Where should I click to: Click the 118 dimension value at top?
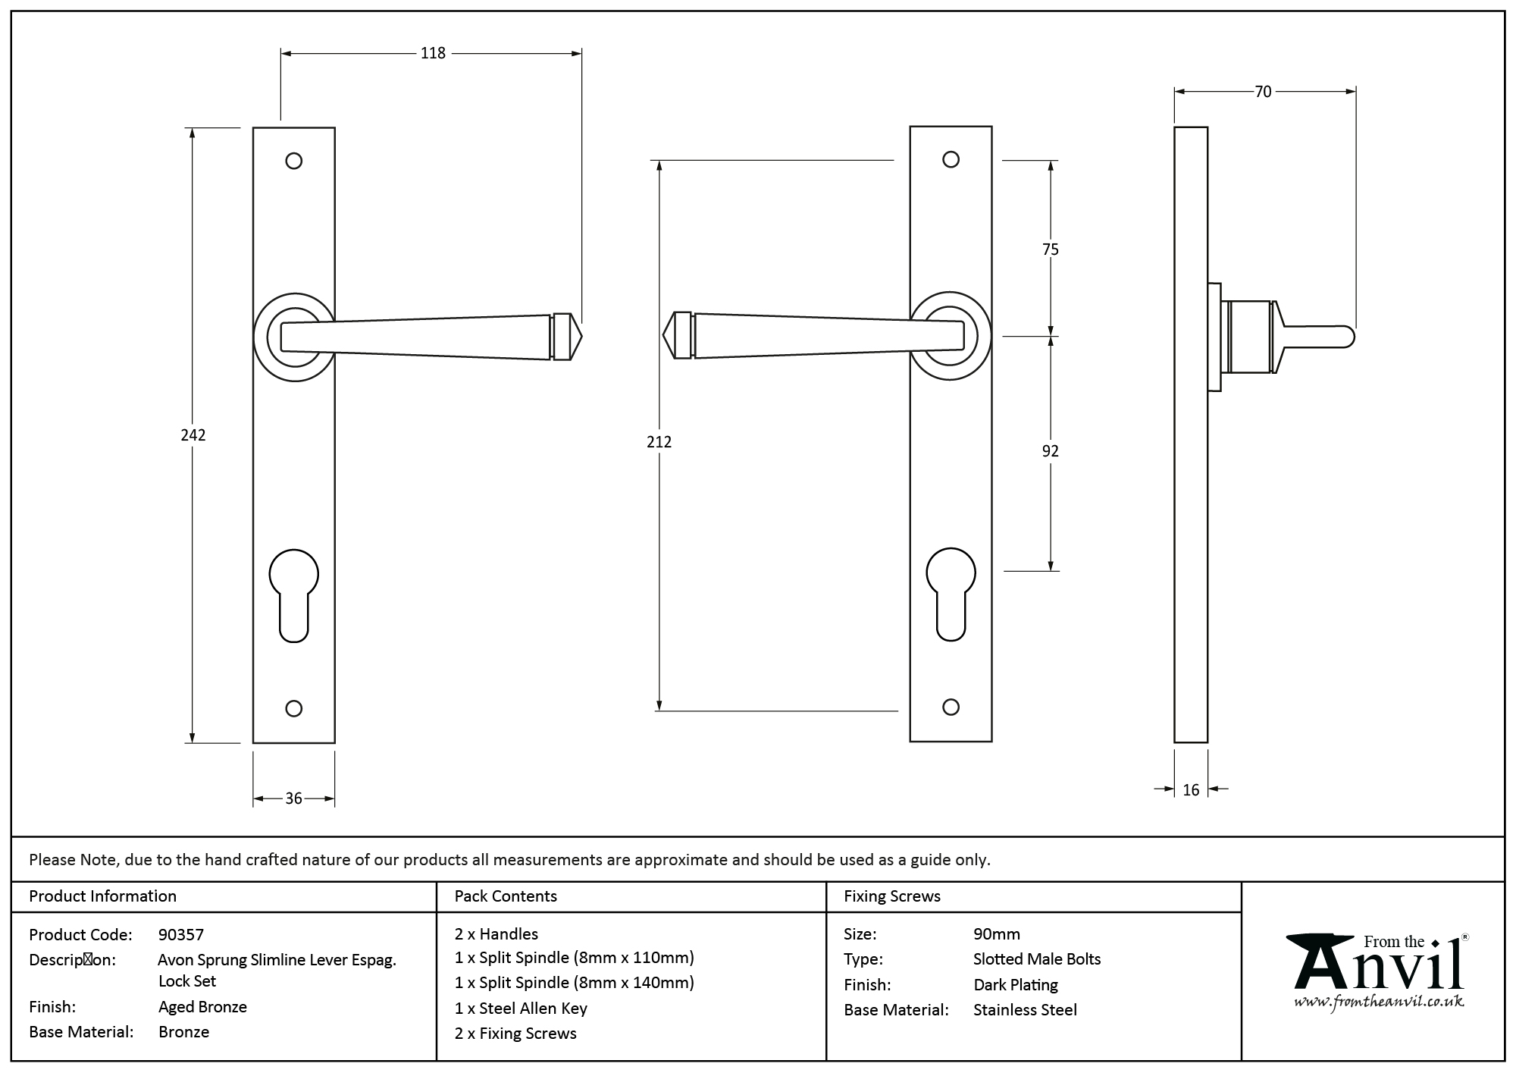coord(433,53)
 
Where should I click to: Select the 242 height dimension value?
coord(193,435)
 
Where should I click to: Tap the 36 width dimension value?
coord(293,798)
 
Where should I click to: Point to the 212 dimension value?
coord(659,441)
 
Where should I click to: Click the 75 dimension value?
coord(1050,249)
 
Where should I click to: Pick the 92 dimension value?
coord(1050,451)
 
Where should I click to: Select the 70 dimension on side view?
coord(1263,92)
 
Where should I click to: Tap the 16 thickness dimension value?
coord(1191,790)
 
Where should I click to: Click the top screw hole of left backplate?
coord(294,161)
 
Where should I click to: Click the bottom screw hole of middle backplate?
coord(951,707)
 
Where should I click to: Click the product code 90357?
coord(181,934)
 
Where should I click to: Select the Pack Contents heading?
coord(506,896)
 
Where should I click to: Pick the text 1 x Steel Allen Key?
coord(521,1008)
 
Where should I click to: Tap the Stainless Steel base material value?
coord(1025,1010)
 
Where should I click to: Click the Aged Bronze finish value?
coord(202,1007)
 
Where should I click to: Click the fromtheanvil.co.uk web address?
coord(1378,1002)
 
